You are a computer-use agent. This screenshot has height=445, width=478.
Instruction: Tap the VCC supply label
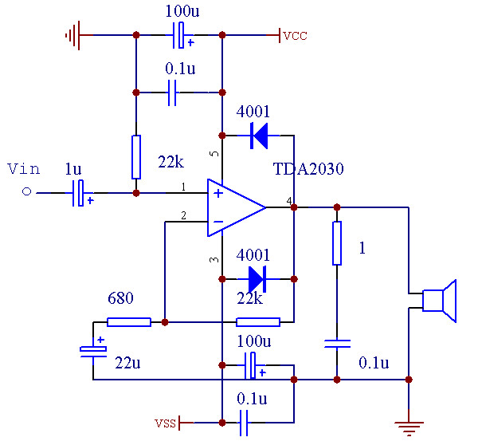[x=294, y=36]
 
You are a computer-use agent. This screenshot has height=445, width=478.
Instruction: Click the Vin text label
[x=23, y=168]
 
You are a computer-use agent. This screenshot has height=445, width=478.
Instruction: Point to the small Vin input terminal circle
[x=26, y=192]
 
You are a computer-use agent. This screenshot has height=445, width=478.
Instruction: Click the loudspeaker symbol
[x=439, y=301]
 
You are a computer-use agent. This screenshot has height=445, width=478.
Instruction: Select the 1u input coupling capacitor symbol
[x=79, y=193]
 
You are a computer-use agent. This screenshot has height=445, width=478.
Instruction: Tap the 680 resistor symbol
[x=128, y=322]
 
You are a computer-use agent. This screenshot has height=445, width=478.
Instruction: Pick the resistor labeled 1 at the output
[x=336, y=243]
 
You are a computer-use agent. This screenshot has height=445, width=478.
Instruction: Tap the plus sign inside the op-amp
[x=217, y=193]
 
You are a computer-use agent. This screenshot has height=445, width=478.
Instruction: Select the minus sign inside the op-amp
[x=217, y=221]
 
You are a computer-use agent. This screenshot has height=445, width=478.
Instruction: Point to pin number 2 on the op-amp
[x=183, y=215]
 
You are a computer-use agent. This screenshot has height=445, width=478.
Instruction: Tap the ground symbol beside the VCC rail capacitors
[x=73, y=35]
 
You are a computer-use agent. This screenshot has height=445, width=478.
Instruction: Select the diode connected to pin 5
[x=259, y=136]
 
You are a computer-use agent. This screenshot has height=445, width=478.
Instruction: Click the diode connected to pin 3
[x=257, y=279]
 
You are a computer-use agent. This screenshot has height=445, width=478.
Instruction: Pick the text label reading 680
[x=120, y=298]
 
